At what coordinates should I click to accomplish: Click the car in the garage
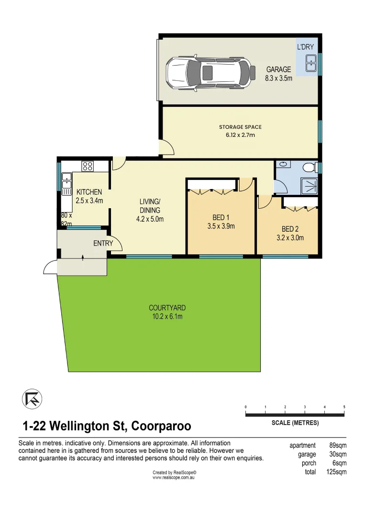coord(208,72)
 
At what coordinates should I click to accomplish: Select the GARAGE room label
coord(278,69)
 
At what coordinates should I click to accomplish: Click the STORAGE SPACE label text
coord(240,127)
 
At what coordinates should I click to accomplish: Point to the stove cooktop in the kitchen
coord(88,166)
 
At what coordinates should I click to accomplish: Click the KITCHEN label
coord(89,192)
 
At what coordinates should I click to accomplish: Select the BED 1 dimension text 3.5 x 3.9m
coord(221,226)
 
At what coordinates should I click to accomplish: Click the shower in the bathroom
coord(307,185)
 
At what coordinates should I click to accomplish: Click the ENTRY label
coord(103,243)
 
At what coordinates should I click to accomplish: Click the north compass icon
coord(32,399)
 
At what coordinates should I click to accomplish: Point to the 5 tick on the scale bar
coord(344,407)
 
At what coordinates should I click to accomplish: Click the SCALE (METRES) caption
coord(295,423)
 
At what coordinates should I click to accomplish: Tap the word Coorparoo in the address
coord(161,426)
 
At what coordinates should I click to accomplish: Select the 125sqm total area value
coord(337,472)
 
